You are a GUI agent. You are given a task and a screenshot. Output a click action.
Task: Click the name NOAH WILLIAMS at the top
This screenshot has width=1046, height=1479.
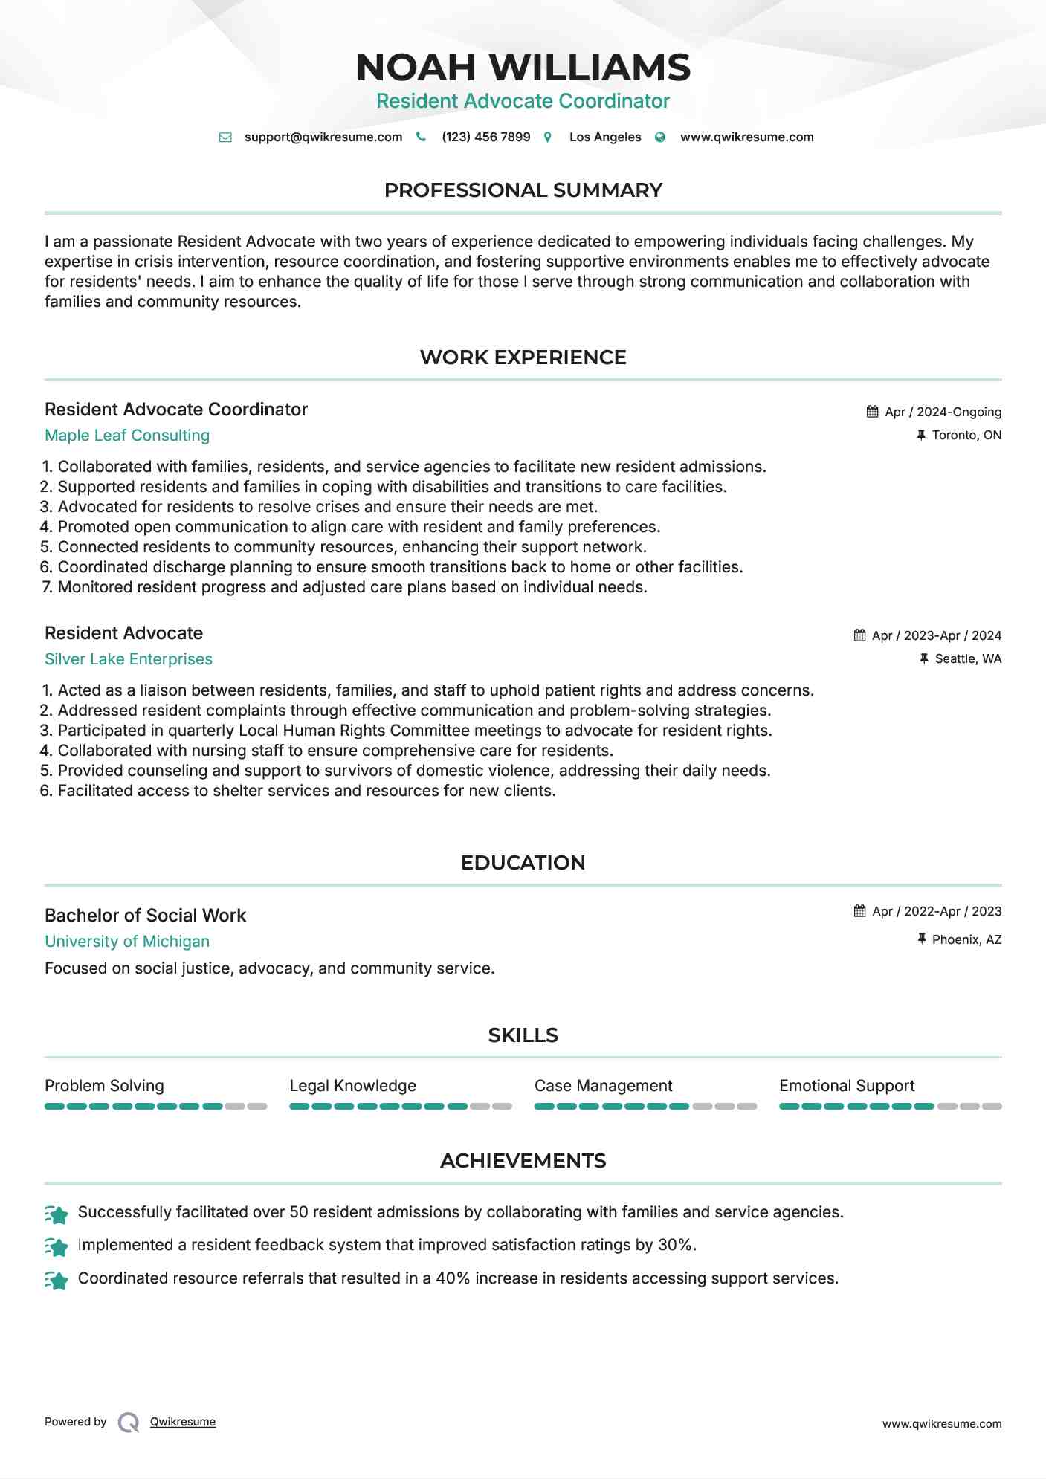523,68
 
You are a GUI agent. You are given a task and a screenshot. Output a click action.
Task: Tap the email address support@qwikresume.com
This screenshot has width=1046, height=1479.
323,137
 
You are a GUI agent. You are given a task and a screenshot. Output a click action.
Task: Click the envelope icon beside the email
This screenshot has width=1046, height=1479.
225,137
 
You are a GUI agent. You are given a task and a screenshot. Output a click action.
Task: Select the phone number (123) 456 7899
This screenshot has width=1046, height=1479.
485,137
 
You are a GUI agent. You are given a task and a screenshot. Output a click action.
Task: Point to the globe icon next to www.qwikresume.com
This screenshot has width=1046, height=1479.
660,137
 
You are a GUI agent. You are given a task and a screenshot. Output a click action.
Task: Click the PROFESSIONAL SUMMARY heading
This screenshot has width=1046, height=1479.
523,190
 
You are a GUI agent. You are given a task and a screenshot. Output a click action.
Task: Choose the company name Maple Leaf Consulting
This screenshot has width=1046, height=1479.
127,436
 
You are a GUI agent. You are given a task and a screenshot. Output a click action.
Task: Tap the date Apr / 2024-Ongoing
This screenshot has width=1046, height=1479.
943,412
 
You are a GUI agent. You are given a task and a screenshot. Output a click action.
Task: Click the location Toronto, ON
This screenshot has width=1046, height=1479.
966,436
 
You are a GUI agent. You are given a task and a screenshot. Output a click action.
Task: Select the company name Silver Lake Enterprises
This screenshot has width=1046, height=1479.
129,659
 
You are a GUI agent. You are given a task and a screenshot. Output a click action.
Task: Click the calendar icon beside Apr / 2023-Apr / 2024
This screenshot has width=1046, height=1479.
860,635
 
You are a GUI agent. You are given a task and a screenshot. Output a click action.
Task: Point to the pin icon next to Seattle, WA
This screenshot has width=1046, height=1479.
924,659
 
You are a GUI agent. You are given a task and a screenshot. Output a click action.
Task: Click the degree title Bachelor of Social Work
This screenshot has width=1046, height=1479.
145,916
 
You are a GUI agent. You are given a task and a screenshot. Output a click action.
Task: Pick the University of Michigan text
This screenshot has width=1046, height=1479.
127,942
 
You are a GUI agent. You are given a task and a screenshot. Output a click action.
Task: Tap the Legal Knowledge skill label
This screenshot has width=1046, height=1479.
352,1086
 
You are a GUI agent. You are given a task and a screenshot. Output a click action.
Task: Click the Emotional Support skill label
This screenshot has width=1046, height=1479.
847,1086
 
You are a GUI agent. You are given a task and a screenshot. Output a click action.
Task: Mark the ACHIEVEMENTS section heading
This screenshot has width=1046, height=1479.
523,1161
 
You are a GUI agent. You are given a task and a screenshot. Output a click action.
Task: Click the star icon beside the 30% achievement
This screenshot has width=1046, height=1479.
57,1246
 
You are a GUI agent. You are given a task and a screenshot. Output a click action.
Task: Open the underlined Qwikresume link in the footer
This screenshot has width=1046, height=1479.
183,1422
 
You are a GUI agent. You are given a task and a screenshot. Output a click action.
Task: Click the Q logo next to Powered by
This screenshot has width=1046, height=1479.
129,1423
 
